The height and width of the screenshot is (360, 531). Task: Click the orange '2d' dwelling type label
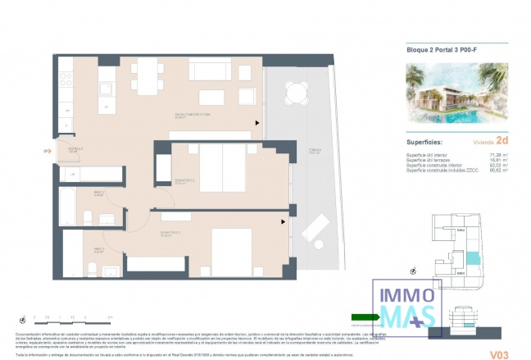pyautogui.click(x=500, y=141)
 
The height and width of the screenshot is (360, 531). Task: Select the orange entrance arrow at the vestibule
pyautogui.click(x=46, y=151)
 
